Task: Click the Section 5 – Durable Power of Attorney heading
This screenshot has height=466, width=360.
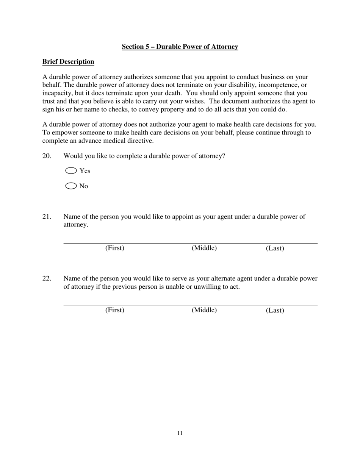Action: pyautogui.click(x=180, y=47)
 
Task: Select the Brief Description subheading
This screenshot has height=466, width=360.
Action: pyautogui.click(x=68, y=61)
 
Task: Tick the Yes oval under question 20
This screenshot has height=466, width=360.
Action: pyautogui.click(x=71, y=170)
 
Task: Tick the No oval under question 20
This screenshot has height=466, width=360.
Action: pyautogui.click(x=71, y=186)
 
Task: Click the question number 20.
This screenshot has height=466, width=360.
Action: pyautogui.click(x=47, y=156)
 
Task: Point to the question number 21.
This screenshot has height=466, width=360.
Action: pyautogui.click(x=47, y=216)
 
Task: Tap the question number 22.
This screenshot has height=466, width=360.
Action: pyautogui.click(x=47, y=278)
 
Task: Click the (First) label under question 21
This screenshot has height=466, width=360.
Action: pyautogui.click(x=115, y=248)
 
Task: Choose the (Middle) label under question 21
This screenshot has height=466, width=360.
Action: pyautogui.click(x=204, y=248)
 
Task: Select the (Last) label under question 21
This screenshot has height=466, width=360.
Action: pyautogui.click(x=275, y=248)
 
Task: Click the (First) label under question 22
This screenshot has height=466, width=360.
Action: pyautogui.click(x=115, y=310)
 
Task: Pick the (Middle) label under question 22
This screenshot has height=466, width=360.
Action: pyautogui.click(x=204, y=310)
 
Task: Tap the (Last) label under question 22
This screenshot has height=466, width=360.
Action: pyautogui.click(x=275, y=310)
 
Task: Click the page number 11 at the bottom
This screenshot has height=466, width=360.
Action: pyautogui.click(x=180, y=433)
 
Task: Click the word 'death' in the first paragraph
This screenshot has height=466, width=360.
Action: pyautogui.click(x=172, y=93)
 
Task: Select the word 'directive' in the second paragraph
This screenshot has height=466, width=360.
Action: pyautogui.click(x=140, y=141)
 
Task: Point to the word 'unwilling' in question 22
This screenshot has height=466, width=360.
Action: pyautogui.click(x=207, y=286)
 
